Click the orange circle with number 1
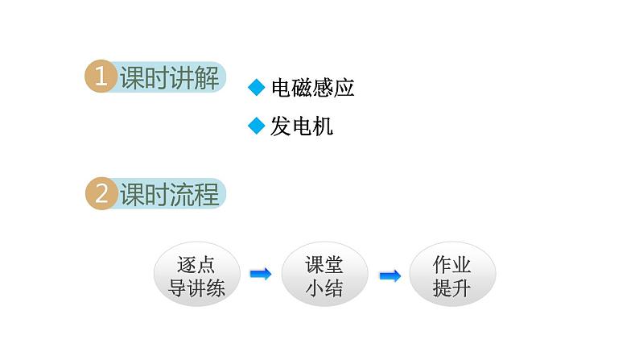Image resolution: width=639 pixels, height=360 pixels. [101, 77]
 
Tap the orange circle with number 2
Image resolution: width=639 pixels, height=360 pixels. [101, 193]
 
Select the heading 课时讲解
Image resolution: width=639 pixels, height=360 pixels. [170, 77]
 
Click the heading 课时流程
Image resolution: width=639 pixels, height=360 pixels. [170, 194]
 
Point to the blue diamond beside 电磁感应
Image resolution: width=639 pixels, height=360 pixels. [257, 87]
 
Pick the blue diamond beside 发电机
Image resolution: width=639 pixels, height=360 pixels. [257, 126]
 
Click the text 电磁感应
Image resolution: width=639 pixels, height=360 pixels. [312, 88]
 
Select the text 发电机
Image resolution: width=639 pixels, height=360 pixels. [302, 126]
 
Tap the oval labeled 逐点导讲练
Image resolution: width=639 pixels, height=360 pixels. [197, 274]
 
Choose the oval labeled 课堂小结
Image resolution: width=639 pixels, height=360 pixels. [324, 274]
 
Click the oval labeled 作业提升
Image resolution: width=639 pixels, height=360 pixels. [452, 274]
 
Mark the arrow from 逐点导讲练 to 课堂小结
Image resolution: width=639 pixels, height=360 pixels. [261, 274]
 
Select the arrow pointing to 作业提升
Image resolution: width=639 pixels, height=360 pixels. [390, 276]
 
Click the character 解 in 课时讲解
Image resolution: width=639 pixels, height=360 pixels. [207, 77]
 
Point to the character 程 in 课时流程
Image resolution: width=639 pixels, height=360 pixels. [207, 194]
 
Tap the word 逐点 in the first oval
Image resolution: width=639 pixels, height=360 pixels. [196, 265]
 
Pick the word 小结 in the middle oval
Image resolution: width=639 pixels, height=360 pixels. [324, 288]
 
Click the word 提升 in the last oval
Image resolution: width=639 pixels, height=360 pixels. [452, 288]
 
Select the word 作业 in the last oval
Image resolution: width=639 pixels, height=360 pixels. [452, 265]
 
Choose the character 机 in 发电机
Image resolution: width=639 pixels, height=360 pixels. [324, 126]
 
